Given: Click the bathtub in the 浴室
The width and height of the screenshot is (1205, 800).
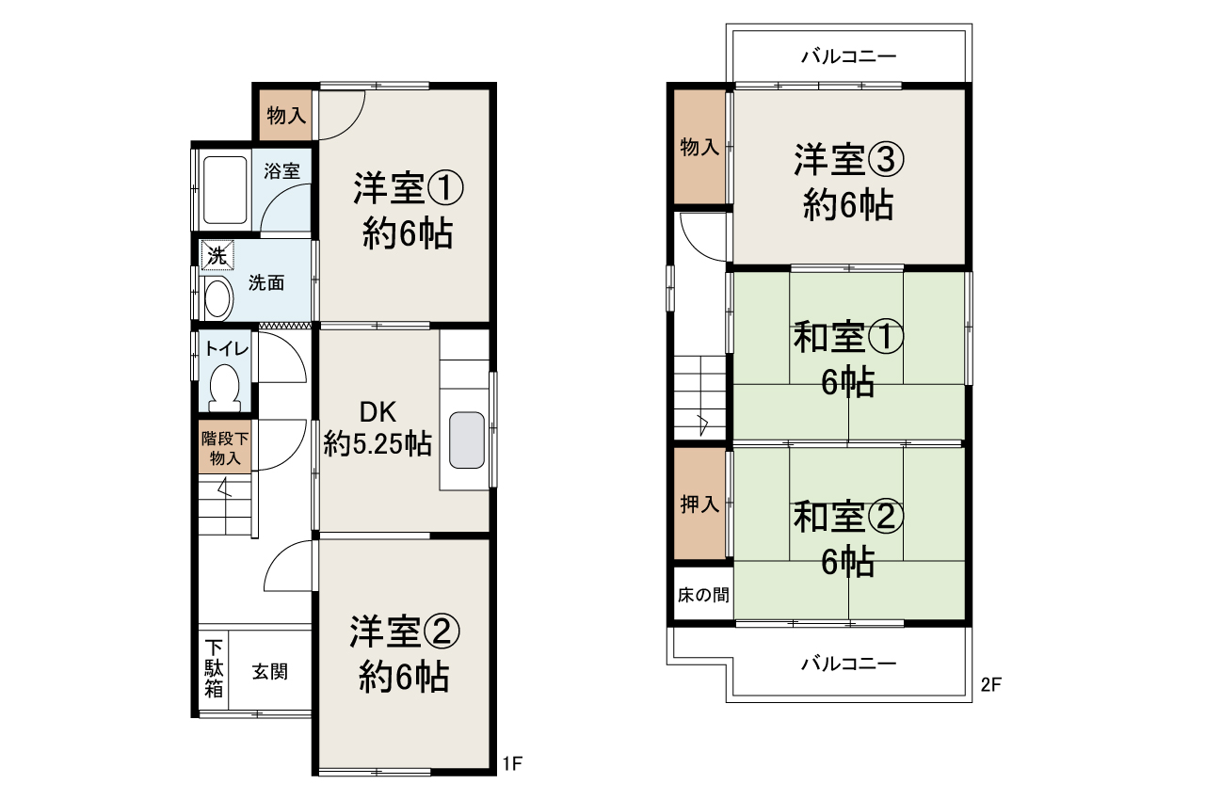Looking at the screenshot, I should coord(225,190).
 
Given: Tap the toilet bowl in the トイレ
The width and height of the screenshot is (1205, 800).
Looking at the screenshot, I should coord(224,386).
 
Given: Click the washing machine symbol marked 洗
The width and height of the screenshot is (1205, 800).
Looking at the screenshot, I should coord(217,254).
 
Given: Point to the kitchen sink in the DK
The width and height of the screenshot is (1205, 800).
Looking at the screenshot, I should coord(467,440).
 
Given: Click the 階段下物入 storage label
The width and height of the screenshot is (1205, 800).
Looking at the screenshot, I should coord(226,448).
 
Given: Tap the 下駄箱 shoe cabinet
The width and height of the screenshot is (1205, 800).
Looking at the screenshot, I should coord(215,668).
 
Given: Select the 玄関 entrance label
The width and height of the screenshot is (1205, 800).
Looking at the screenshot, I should coord(269,672).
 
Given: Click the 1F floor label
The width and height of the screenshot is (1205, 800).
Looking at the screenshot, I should coord(511,763).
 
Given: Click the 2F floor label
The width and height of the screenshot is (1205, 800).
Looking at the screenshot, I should coord(989,685).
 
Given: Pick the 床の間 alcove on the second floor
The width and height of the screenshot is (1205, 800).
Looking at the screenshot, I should coord(702,595).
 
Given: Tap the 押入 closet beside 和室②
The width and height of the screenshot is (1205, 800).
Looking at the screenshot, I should coord(699,504).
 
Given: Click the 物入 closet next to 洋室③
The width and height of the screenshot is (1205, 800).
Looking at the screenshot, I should coord(699,147).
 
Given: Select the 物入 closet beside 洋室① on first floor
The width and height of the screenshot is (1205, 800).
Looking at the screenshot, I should coord(285,116).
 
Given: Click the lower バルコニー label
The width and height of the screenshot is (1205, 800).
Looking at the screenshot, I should coord(848,664).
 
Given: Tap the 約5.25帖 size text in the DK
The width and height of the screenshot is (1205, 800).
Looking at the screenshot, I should coord(378,443).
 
